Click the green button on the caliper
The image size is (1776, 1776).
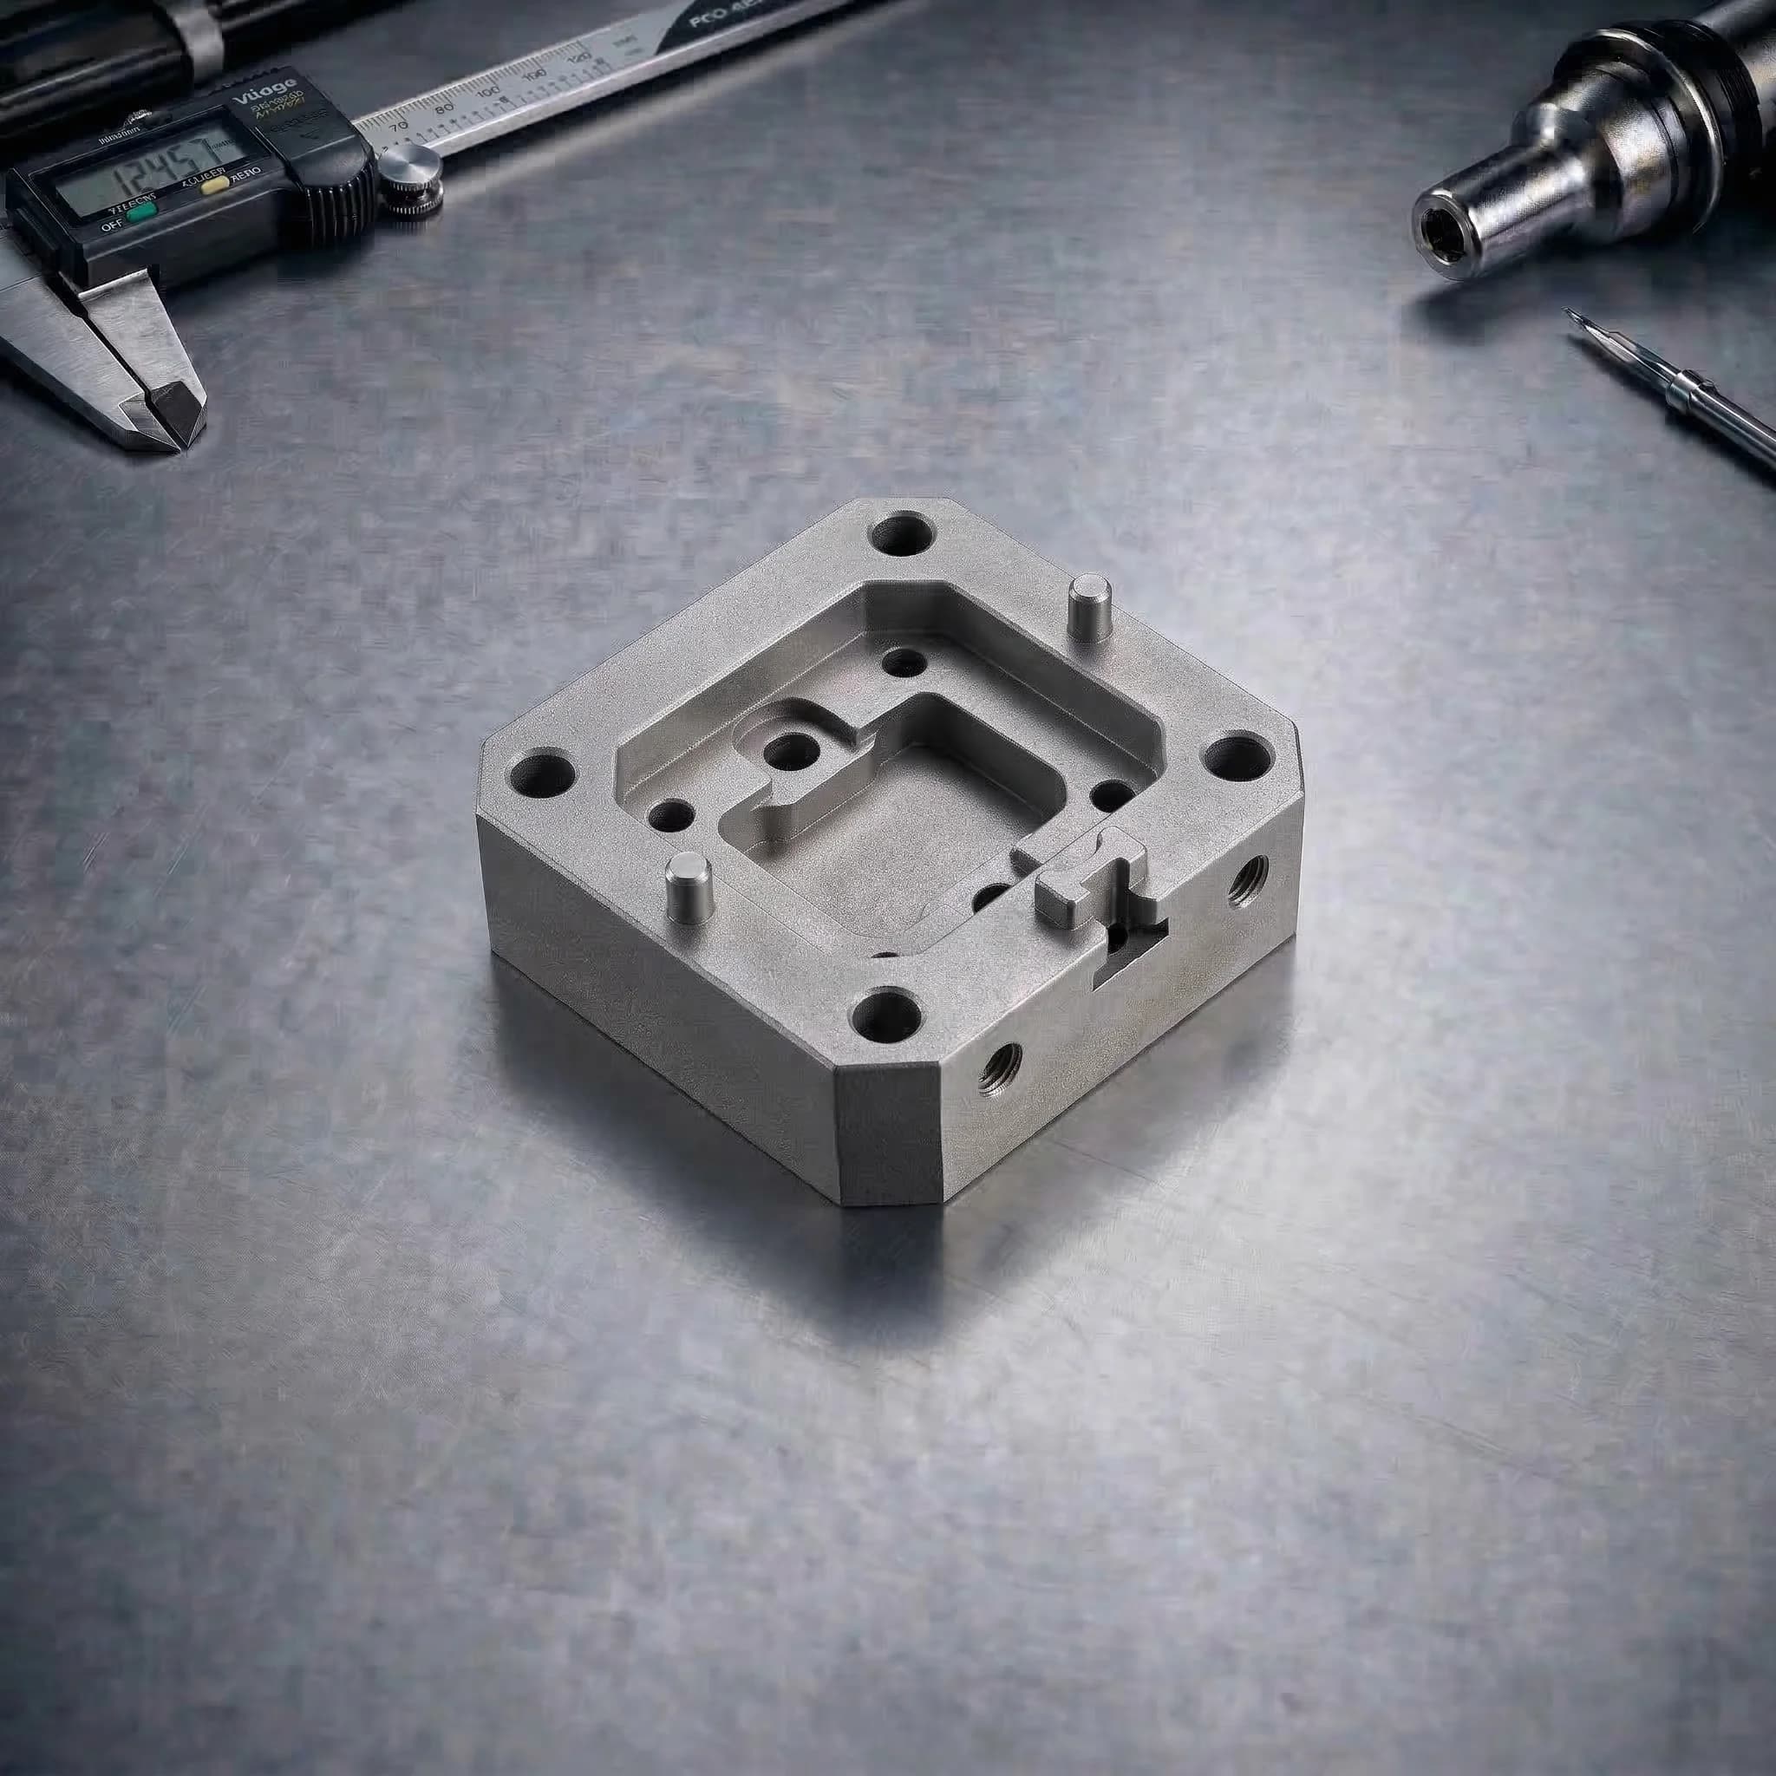pos(140,214)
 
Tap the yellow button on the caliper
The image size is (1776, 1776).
pos(217,186)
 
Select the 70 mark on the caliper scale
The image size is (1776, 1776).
pos(399,127)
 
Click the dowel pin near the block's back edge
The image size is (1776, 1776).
pos(1088,609)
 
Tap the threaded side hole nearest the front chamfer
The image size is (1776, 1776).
pos(998,1070)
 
